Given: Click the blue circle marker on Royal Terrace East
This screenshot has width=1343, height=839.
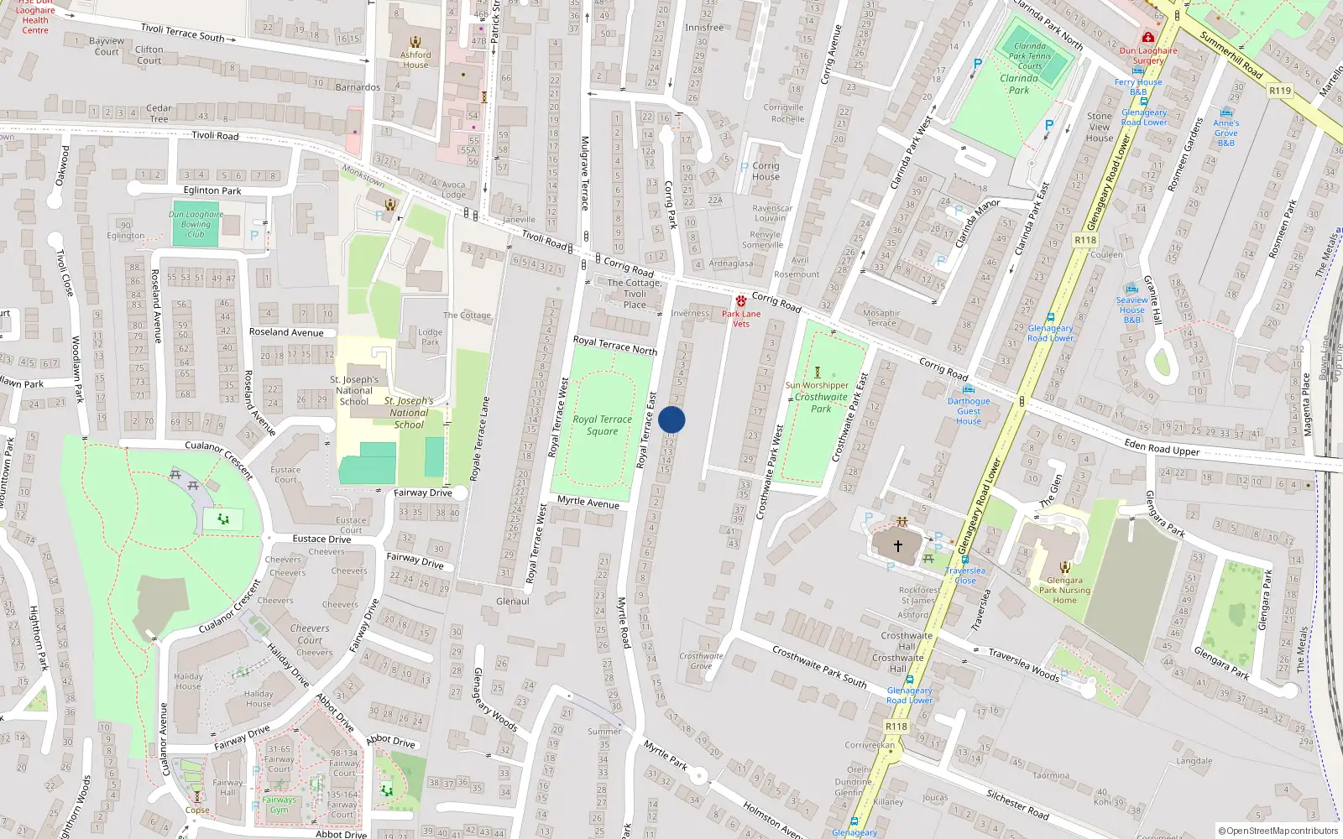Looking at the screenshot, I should [671, 419].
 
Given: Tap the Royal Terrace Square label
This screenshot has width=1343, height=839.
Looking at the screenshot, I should [602, 425].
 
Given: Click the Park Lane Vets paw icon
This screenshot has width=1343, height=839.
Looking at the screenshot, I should [740, 300].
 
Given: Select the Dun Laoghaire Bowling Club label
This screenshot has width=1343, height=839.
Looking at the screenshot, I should [196, 224].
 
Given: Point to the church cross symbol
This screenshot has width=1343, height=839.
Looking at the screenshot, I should [897, 546].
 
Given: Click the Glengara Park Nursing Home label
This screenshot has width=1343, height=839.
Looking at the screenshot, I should [1064, 590].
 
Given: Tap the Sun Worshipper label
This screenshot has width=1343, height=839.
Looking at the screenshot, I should [817, 385].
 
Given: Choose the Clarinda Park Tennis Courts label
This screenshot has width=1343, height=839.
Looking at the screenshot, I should [1030, 56].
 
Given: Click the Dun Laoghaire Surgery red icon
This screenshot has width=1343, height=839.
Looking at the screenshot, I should [1147, 37].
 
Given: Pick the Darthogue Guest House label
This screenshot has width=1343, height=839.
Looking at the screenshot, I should [969, 411].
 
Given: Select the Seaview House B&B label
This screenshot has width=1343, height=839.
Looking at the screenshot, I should [1131, 310].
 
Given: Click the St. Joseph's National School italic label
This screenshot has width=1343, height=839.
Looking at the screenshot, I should [409, 413].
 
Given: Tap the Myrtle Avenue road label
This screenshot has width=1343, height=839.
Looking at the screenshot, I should [588, 502].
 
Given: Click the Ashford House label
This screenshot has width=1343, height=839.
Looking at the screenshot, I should [415, 60].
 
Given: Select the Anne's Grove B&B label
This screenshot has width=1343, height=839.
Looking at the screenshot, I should [1225, 133].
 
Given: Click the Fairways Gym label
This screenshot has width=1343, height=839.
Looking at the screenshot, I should [279, 805].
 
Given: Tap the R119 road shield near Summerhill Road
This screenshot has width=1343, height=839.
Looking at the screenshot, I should [1279, 91].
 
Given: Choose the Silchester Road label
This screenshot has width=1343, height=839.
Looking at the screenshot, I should [1017, 804].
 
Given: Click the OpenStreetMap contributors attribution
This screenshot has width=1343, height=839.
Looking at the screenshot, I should [1278, 831].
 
